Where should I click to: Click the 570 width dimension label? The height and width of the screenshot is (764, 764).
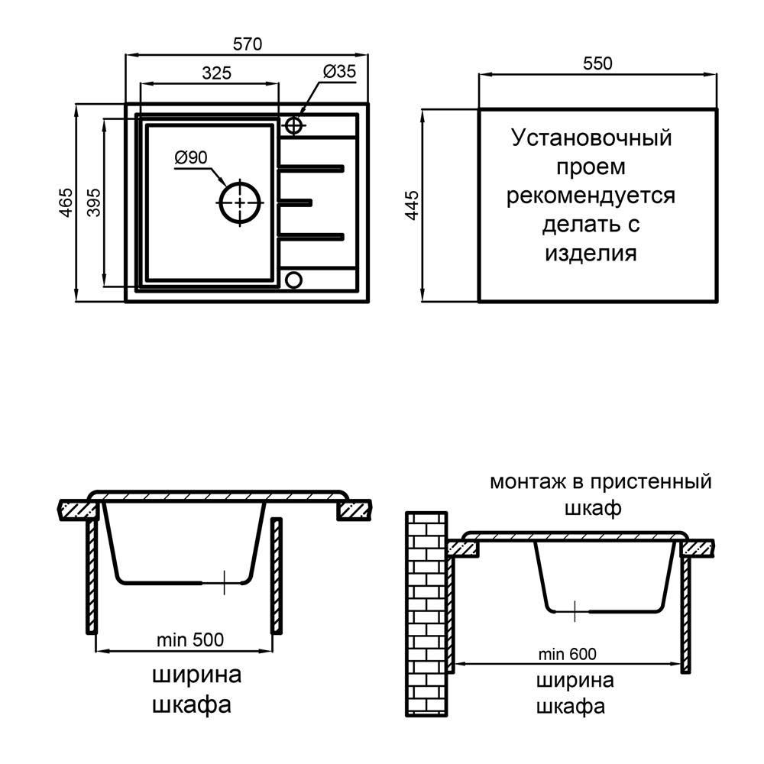(248, 44)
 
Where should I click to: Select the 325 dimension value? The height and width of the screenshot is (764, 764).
(216, 73)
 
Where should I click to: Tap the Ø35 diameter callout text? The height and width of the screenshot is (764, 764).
(339, 72)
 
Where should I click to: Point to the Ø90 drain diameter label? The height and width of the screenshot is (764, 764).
(191, 158)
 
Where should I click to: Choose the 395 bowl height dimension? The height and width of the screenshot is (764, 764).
(93, 202)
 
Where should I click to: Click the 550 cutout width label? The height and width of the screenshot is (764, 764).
(597, 64)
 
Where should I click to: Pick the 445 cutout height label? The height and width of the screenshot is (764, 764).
(413, 206)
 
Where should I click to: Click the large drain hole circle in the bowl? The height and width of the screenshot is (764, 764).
(241, 202)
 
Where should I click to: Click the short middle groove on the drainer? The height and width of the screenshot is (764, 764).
(296, 202)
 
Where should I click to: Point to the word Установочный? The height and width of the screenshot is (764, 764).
(591, 139)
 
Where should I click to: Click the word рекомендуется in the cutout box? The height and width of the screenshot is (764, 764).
(591, 196)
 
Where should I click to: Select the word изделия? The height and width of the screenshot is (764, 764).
(591, 253)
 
